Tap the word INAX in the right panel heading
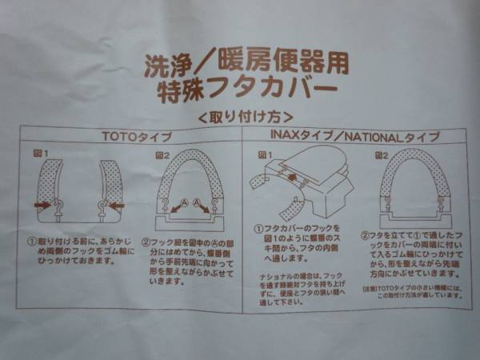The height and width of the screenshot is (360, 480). (x=286, y=136)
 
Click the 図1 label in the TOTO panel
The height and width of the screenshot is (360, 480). (x=40, y=152)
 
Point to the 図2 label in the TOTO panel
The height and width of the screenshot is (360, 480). (x=161, y=152)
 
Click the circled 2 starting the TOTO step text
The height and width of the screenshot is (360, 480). (x=147, y=238)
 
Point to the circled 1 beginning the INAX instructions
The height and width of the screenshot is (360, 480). (x=259, y=230)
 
